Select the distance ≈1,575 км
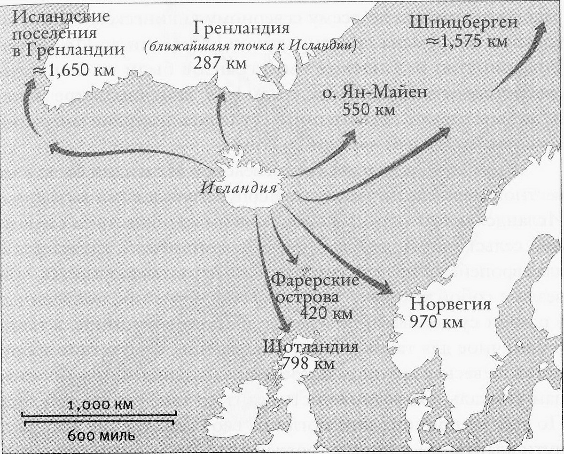[x=466, y=41]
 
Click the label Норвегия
[x=450, y=305]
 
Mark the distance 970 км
[x=436, y=323]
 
